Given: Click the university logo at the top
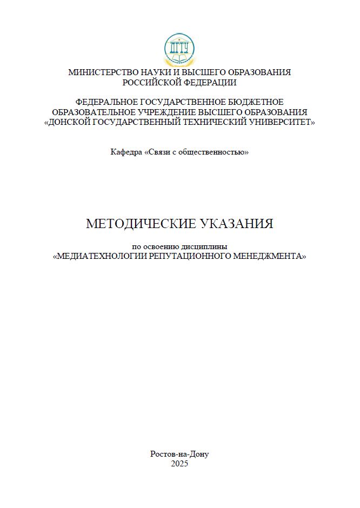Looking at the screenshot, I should pos(179,49).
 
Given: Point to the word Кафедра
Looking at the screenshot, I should pos(126,152).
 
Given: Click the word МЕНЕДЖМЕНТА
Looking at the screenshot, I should pos(269,256).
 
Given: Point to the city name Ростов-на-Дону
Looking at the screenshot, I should pos(179,454).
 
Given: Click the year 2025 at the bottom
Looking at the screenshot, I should pos(179,464).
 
